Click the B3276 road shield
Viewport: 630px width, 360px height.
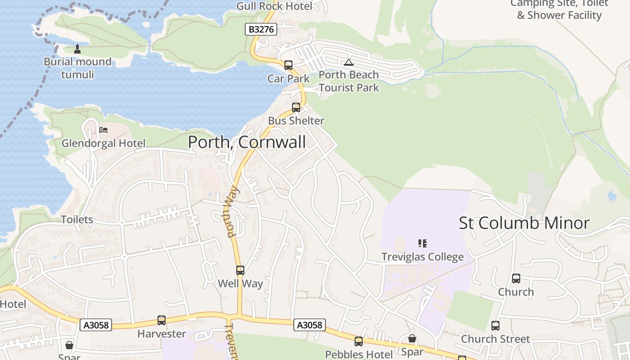pyautogui.click(x=261, y=30)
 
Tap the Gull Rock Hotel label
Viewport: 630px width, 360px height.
pyautogui.click(x=274, y=6)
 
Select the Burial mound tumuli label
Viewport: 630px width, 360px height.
pyautogui.click(x=77, y=68)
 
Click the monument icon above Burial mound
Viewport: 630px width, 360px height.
pyautogui.click(x=77, y=49)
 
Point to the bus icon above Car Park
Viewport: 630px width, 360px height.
pyautogui.click(x=288, y=65)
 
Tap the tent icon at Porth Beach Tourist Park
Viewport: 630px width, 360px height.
pyautogui.click(x=348, y=62)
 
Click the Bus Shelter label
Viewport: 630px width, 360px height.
pyautogui.click(x=296, y=121)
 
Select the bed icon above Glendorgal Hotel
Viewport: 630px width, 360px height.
pyautogui.click(x=103, y=130)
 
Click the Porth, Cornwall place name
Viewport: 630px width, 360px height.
pyautogui.click(x=247, y=142)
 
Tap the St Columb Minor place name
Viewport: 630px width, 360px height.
pyautogui.click(x=524, y=223)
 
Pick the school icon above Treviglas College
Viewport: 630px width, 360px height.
pyautogui.click(x=422, y=243)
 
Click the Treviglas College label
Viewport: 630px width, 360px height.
pyautogui.click(x=422, y=257)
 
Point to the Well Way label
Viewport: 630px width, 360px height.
pyautogui.click(x=240, y=283)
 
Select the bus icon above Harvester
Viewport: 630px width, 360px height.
pyautogui.click(x=162, y=320)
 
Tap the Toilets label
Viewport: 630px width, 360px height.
pyautogui.click(x=77, y=220)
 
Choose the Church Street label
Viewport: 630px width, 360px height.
pyautogui.click(x=495, y=339)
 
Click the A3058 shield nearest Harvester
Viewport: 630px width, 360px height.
pyautogui.click(x=96, y=325)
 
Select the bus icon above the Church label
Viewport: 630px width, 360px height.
pyautogui.click(x=516, y=279)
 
